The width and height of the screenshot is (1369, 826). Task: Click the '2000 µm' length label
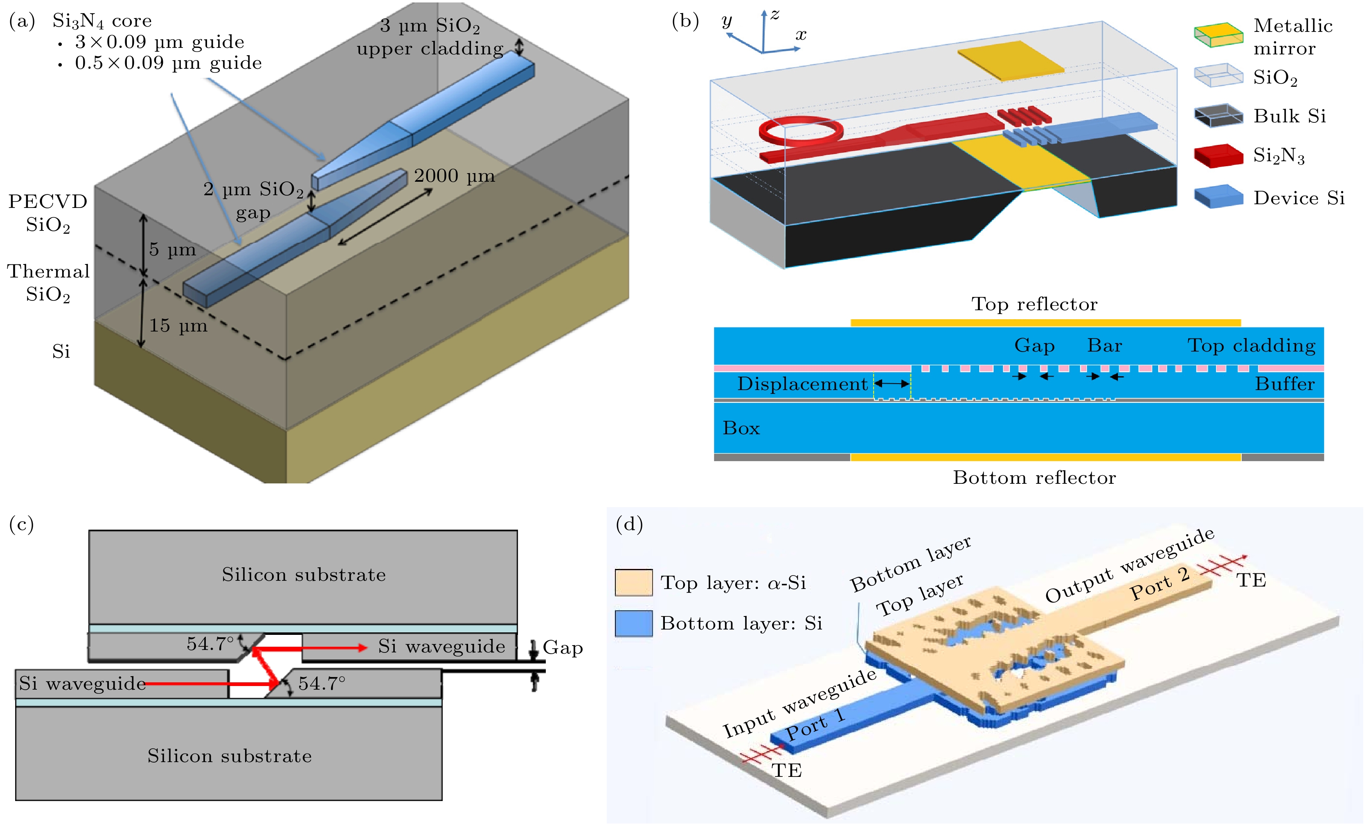[454, 176]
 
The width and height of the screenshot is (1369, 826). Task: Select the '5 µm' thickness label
[172, 250]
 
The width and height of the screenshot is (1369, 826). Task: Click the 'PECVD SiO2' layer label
[48, 213]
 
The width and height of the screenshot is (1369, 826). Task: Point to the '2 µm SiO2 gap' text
[253, 200]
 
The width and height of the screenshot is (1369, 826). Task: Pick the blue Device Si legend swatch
[1218, 197]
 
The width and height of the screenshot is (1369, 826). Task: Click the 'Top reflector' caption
[1034, 304]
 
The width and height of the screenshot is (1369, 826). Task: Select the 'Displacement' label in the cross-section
[802, 384]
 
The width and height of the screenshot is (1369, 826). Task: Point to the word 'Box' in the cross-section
[741, 428]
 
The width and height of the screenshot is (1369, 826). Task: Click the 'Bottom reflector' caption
[1034, 478]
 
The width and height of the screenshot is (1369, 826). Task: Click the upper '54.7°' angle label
[210, 644]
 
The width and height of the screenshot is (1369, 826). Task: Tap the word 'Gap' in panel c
[563, 648]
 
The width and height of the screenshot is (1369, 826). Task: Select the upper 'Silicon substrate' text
[303, 575]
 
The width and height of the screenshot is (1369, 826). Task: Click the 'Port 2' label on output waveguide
[1160, 584]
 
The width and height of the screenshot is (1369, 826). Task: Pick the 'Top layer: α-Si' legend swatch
[633, 582]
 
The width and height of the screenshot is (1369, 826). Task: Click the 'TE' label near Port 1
[787, 770]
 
